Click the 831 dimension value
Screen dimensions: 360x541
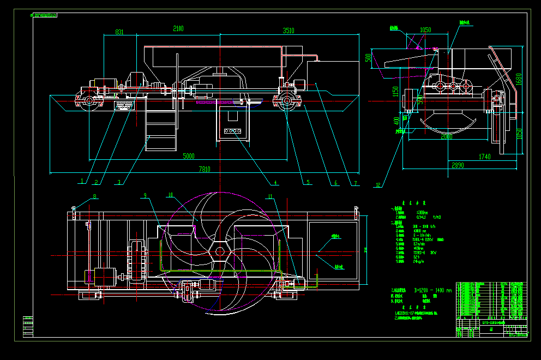point(119,33)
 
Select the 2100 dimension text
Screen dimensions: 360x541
point(178,29)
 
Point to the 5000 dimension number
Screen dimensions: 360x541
point(188,157)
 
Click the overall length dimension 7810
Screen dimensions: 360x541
point(203,170)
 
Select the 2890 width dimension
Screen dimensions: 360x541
point(458,165)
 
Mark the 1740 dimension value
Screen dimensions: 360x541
point(484,157)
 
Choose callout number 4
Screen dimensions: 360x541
point(276,183)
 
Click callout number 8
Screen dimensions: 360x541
point(94,196)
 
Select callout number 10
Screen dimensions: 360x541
point(170,195)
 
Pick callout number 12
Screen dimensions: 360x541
point(377,184)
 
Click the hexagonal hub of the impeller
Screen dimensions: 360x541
point(219,253)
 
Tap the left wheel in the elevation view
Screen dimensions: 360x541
point(89,101)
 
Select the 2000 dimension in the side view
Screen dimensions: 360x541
point(447,137)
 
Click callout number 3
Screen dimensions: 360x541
point(119,182)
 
